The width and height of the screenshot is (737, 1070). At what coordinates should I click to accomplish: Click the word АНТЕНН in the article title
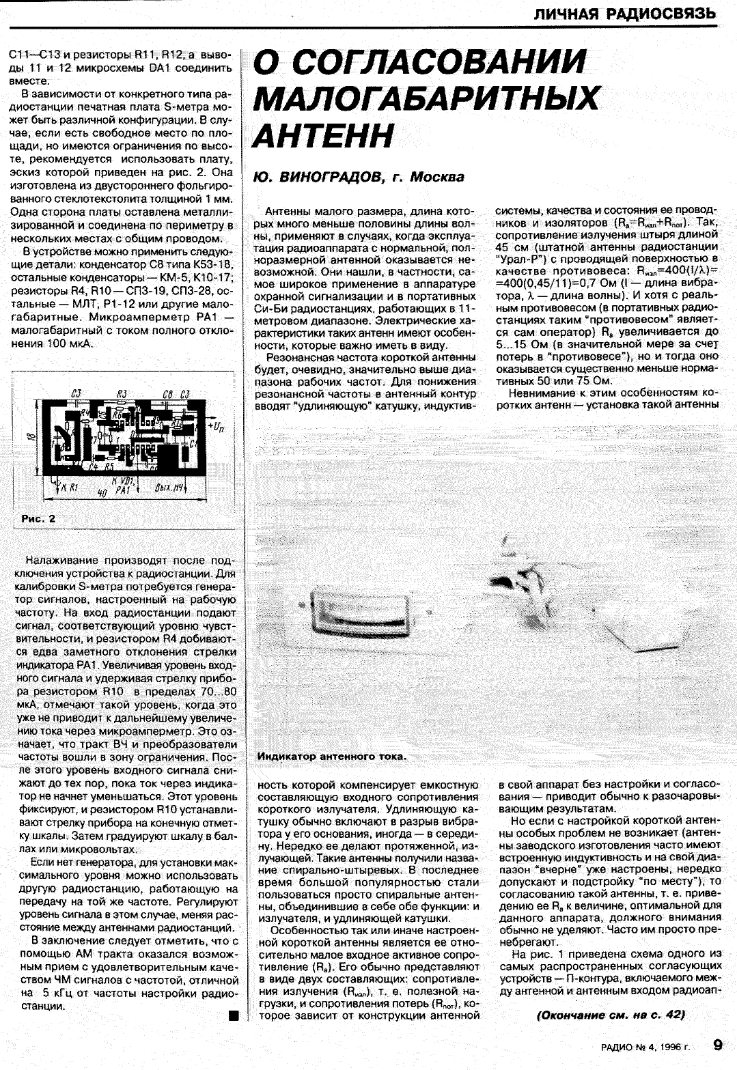click(324, 135)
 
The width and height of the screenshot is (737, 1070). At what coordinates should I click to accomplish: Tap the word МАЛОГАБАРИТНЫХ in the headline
click(426, 99)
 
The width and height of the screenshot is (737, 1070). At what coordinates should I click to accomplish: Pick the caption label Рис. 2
click(38, 518)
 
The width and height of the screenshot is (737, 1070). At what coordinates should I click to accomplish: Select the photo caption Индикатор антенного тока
click(331, 757)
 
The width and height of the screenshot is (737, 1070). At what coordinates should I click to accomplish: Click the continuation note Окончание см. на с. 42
click(611, 1015)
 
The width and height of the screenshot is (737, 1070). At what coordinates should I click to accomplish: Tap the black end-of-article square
click(233, 1016)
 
